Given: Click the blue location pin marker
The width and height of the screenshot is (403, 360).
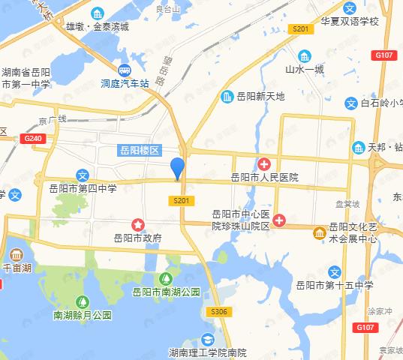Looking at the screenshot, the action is (177, 169).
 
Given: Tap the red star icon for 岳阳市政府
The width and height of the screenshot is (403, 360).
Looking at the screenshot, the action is (138, 223).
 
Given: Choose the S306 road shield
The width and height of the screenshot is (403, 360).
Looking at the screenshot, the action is (218, 311).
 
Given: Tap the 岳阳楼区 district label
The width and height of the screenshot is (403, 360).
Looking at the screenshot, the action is (140, 150).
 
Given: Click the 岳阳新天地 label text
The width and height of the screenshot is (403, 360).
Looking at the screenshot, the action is (260, 96).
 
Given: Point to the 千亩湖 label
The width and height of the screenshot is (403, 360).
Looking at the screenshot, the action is (17, 267).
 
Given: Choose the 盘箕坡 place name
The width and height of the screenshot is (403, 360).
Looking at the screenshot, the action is (347, 204).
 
